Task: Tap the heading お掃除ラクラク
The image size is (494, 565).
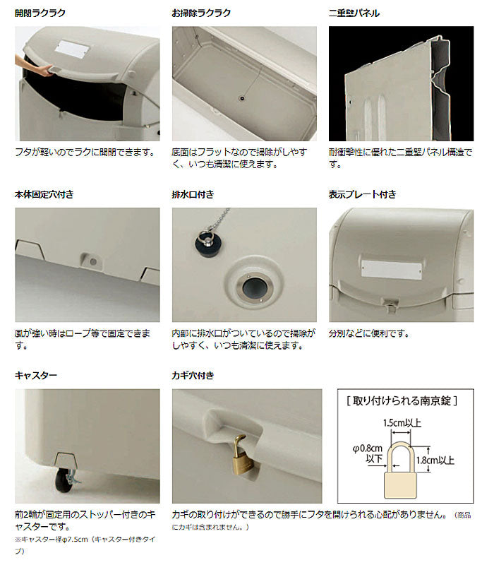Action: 201,13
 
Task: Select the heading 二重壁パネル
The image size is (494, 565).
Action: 354,13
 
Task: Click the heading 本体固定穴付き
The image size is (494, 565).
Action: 44,194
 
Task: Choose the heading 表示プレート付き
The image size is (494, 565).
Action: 363,194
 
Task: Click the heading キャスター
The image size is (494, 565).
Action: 36,375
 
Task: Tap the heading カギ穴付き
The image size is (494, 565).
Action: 192,375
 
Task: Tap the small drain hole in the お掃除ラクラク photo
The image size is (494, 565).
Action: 242,98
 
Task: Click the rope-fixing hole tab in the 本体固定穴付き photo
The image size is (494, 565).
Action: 91,260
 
